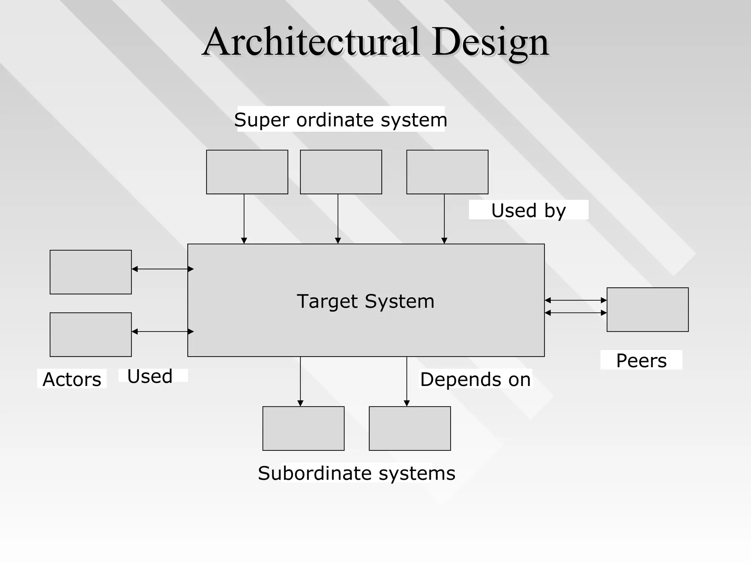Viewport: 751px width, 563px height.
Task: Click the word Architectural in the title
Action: point(311,42)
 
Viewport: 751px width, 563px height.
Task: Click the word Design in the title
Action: point(490,43)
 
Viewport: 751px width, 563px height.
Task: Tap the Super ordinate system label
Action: point(341,119)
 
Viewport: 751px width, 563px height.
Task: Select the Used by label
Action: point(528,210)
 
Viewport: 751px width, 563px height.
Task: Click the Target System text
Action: point(366,301)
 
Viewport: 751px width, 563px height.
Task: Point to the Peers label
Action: point(641,361)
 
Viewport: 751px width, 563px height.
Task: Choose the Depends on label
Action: point(475,379)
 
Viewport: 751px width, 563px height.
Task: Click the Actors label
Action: point(72,379)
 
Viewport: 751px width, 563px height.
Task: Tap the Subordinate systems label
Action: point(356,473)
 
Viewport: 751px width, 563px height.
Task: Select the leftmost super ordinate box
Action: point(247,172)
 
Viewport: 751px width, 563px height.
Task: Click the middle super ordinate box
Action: point(341,172)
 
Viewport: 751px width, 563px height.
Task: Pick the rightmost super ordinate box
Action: point(447,172)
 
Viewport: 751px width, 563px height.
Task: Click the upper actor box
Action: point(91,272)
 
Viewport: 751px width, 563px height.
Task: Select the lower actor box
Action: point(91,335)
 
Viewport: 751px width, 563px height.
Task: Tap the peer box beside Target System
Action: point(648,310)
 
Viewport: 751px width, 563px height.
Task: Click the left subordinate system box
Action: point(304,428)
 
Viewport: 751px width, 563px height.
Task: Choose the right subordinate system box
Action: point(410,428)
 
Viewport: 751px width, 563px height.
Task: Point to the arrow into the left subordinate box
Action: point(300,381)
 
